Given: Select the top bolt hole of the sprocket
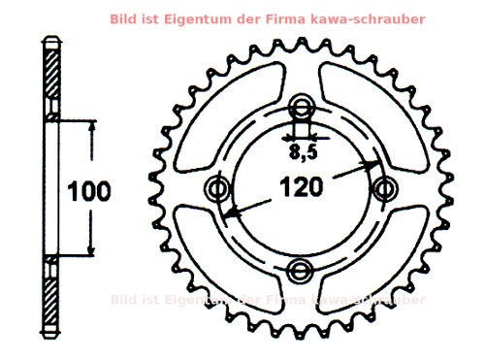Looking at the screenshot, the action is [x=304, y=108].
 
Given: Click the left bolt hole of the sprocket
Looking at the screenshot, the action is [x=217, y=187].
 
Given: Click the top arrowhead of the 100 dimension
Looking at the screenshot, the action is [x=92, y=127].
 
